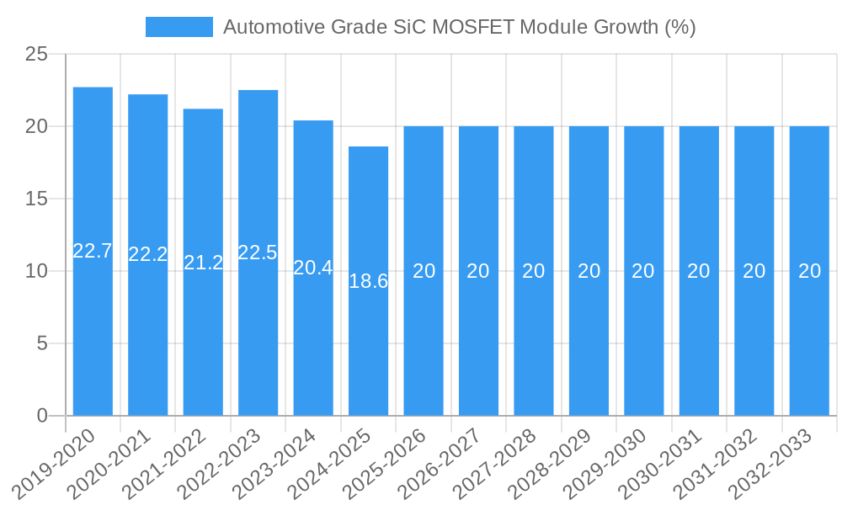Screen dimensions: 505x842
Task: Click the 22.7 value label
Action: (93, 251)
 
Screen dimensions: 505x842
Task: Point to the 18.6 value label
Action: (368, 281)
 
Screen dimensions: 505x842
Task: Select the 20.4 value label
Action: (313, 268)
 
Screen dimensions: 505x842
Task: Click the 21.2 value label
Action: (203, 263)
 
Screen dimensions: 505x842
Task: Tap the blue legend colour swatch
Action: (179, 27)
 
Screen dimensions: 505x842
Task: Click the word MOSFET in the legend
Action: (473, 27)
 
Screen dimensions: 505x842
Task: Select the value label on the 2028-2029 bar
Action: (589, 271)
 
